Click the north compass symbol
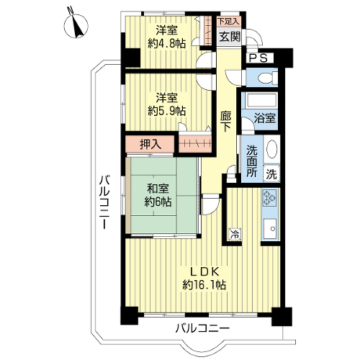coord(76,25)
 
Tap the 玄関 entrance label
coord(230,37)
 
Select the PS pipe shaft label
coord(258,58)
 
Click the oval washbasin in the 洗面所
coord(271,149)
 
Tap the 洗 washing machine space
coord(271,174)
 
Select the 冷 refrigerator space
coord(235,234)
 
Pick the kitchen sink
coord(270,228)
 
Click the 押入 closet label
coord(150,145)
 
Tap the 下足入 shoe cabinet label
coord(228,22)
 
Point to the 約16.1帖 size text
coord(204,285)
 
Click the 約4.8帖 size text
coord(166,43)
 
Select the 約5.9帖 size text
coord(166,111)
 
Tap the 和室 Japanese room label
coord(158,189)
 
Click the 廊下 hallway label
coord(226,122)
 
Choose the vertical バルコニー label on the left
coord(105,202)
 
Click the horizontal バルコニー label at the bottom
coord(202,328)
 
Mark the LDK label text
coord(204,271)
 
